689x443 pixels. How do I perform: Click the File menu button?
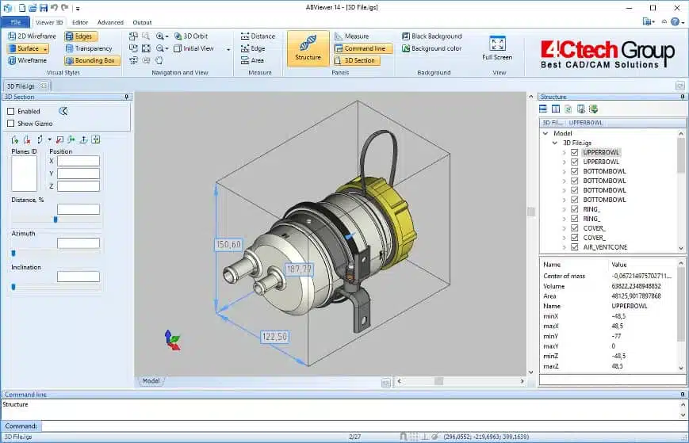click(x=15, y=22)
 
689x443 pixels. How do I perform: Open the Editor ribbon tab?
click(x=80, y=22)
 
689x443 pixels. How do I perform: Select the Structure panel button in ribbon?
click(x=308, y=48)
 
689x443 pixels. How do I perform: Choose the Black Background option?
click(x=431, y=36)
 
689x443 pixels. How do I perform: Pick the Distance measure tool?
click(x=258, y=36)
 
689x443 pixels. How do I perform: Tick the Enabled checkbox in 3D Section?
click(x=11, y=112)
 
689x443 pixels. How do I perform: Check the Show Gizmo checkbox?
click(x=11, y=123)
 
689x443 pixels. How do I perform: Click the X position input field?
click(x=78, y=161)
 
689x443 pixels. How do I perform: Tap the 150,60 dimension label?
click(x=228, y=245)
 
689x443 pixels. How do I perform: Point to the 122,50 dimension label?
click(x=274, y=337)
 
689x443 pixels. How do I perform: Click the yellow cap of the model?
click(x=389, y=214)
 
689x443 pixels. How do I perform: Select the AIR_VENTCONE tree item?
click(x=605, y=247)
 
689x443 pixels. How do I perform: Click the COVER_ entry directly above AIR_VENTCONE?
click(x=594, y=238)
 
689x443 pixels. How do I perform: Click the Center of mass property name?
click(x=563, y=276)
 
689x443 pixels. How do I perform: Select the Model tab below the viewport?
click(x=151, y=381)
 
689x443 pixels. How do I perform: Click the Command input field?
click(x=357, y=426)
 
